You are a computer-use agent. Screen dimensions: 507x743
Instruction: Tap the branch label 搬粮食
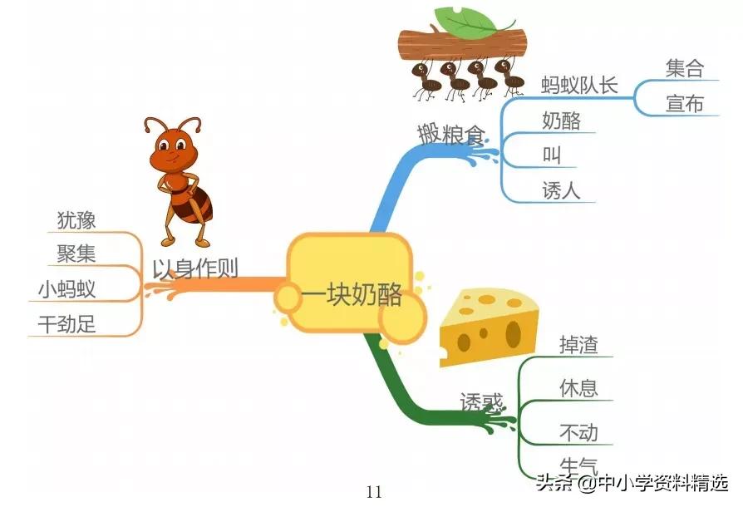click(x=450, y=133)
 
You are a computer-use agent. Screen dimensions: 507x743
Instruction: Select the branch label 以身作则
click(x=195, y=268)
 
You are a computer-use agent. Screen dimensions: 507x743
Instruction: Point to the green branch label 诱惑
click(x=482, y=402)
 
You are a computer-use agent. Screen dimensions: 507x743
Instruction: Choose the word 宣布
click(x=685, y=104)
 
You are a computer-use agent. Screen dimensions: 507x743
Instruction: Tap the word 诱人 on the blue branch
click(x=561, y=190)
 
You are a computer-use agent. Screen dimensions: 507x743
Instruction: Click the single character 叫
click(x=552, y=155)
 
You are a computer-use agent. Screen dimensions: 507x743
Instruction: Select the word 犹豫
click(x=76, y=220)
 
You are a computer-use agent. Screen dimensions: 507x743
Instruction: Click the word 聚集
click(x=76, y=253)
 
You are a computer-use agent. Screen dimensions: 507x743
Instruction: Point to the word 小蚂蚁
click(x=66, y=289)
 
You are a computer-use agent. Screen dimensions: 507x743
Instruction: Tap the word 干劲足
click(x=67, y=324)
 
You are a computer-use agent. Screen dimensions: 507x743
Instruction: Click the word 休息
click(x=579, y=388)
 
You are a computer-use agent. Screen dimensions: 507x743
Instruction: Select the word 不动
click(x=579, y=433)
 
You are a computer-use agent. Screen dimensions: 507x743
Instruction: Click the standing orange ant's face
click(x=175, y=149)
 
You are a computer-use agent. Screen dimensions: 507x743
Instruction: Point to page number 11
click(x=374, y=491)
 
